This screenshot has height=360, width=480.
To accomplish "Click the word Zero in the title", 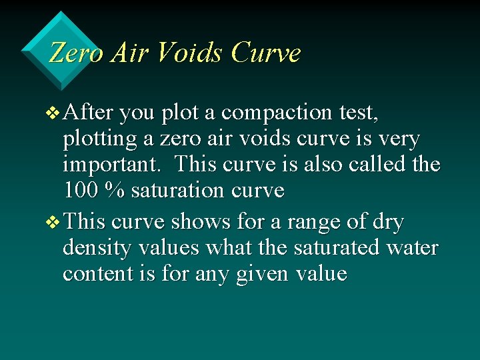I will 75,53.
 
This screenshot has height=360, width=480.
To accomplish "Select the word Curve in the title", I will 265,53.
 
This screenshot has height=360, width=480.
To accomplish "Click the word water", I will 411,247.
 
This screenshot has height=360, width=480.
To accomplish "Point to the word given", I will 262,275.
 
